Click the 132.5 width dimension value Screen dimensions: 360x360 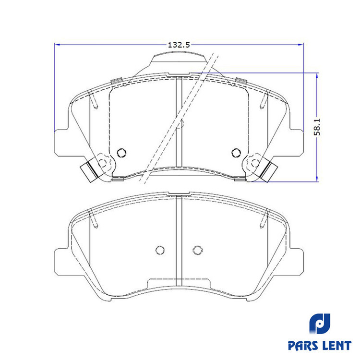point(179,45)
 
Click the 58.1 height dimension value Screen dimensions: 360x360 point(317,127)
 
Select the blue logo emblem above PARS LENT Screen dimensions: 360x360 point(319,324)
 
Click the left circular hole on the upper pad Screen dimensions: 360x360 point(121,153)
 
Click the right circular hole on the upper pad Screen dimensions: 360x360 point(236,153)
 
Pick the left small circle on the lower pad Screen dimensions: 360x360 point(160,250)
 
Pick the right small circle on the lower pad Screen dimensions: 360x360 point(197,250)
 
